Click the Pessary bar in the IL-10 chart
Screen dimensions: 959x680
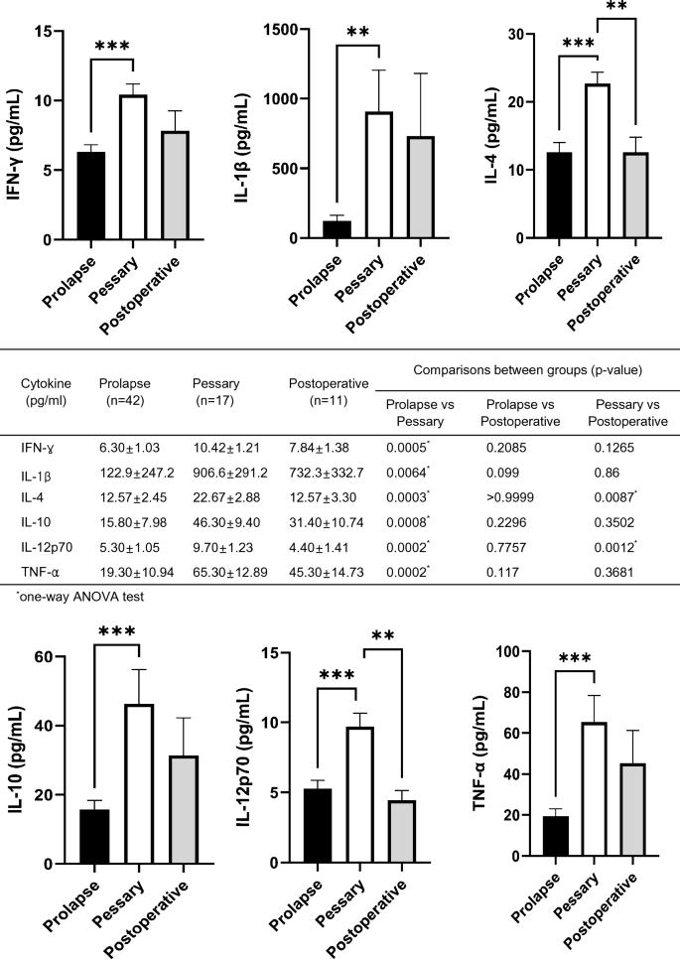click(x=139, y=783)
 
